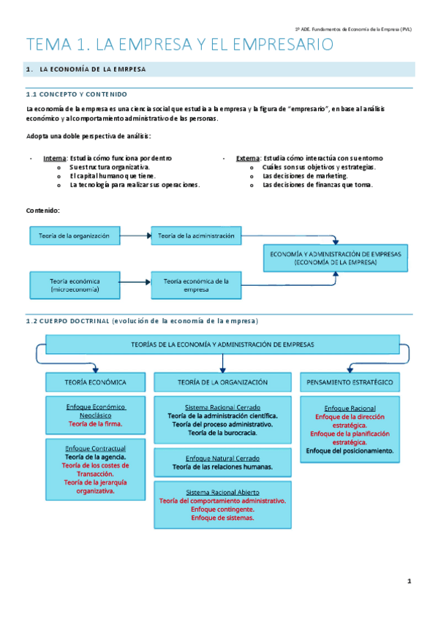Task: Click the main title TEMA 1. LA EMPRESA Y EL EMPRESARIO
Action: (x=179, y=45)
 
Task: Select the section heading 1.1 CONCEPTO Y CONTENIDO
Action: (x=77, y=94)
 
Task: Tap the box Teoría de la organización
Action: (x=74, y=235)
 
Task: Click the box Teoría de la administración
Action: (x=196, y=235)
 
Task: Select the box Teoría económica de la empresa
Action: (x=196, y=284)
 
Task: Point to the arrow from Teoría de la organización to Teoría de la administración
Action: (x=135, y=235)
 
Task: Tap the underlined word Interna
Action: (x=54, y=158)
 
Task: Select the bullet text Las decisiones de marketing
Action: (x=306, y=176)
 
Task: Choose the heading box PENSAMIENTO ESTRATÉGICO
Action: (x=350, y=382)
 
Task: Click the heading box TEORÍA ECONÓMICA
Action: (x=96, y=382)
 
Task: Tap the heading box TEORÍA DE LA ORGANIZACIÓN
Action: (x=222, y=382)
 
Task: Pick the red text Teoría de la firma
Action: (x=96, y=423)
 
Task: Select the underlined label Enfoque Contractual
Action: (x=96, y=447)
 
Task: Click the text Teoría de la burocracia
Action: (x=222, y=433)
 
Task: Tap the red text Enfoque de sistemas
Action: (x=222, y=518)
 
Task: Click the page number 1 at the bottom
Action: (x=409, y=581)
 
